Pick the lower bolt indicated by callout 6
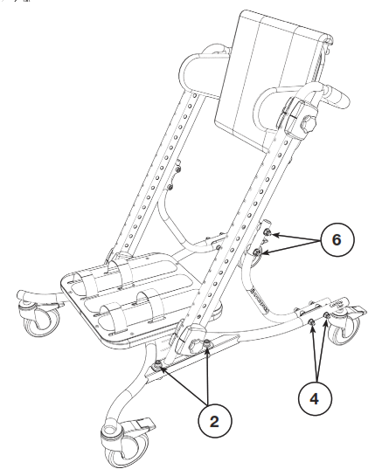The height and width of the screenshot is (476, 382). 259,252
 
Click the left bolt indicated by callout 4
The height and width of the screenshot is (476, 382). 311,322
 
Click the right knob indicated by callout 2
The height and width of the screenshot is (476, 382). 207,349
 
